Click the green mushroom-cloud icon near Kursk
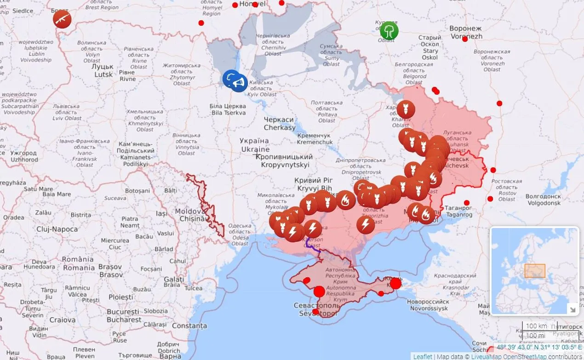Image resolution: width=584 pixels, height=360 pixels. tap(389, 30)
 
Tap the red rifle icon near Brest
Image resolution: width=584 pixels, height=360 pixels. tap(62, 19)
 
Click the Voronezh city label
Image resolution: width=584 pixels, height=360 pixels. tap(466, 32)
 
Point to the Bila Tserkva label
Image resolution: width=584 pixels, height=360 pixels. tap(228, 109)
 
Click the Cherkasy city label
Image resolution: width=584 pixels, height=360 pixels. tap(279, 123)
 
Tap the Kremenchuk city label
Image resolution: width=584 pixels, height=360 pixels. tap(314, 139)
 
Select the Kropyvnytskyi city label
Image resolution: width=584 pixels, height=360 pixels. tap(285, 161)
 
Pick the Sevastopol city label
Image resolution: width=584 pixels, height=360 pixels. tap(317, 309)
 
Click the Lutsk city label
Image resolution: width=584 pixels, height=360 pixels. tap(103, 70)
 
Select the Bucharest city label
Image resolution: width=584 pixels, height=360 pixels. tap(124, 315)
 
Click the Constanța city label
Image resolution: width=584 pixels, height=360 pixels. tap(189, 326)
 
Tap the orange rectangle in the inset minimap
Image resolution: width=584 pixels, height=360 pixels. tap(535, 271)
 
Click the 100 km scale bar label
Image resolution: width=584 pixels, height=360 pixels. tap(536, 326)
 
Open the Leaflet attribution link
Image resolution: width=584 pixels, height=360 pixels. tap(423, 356)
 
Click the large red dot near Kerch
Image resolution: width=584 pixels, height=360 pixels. tap(395, 283)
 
